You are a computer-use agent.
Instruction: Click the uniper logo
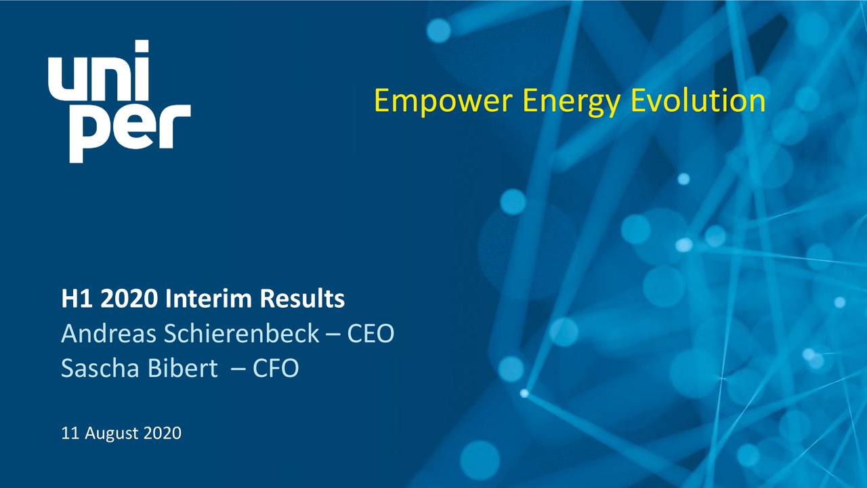[119, 102]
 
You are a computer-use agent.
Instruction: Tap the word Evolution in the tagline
[698, 102]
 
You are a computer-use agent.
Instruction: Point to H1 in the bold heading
[72, 299]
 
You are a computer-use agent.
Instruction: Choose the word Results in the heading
[302, 299]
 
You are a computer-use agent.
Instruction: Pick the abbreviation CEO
[371, 333]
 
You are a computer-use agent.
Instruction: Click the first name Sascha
[97, 369]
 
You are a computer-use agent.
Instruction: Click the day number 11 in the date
[69, 433]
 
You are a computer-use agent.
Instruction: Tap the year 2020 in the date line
[162, 433]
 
